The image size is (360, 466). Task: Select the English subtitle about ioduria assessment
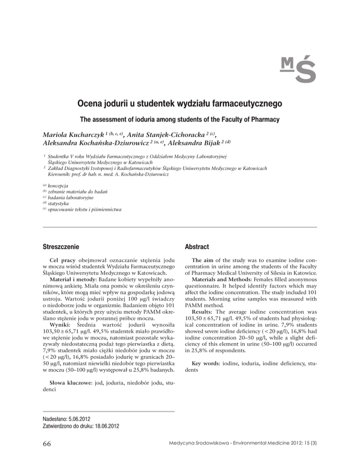click(180, 119)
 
